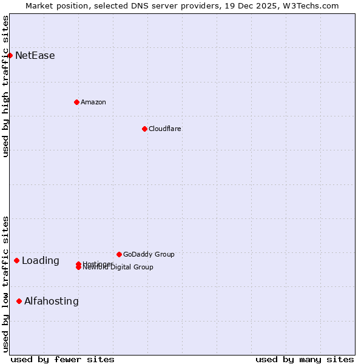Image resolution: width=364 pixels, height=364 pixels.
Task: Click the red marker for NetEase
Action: tap(10, 56)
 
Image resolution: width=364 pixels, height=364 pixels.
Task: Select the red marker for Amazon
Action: tap(76, 102)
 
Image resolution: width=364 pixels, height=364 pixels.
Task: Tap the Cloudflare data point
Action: tap(144, 129)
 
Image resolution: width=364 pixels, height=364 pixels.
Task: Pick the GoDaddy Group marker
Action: tap(119, 254)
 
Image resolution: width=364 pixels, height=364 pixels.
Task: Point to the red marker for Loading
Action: tap(16, 261)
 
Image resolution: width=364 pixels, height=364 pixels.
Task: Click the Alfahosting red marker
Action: tap(19, 301)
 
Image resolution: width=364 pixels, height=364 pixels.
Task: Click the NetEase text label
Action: tap(35, 56)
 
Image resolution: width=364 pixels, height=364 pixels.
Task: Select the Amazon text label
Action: tap(93, 102)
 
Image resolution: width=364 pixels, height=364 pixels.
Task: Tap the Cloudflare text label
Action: tap(165, 129)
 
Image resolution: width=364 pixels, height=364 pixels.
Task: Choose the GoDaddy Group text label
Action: tap(149, 254)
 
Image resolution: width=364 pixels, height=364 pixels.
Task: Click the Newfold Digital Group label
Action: tap(119, 268)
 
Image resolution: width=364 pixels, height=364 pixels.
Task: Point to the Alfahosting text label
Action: tap(52, 301)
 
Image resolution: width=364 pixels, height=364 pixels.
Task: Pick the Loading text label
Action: tap(41, 261)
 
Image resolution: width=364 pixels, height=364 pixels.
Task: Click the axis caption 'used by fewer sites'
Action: tap(62, 359)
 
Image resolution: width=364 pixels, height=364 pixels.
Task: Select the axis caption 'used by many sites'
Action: tap(305, 359)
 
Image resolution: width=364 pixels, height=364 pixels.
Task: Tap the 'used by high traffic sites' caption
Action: tap(5, 87)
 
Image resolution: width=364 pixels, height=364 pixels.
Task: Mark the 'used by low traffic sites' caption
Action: tap(5, 284)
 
